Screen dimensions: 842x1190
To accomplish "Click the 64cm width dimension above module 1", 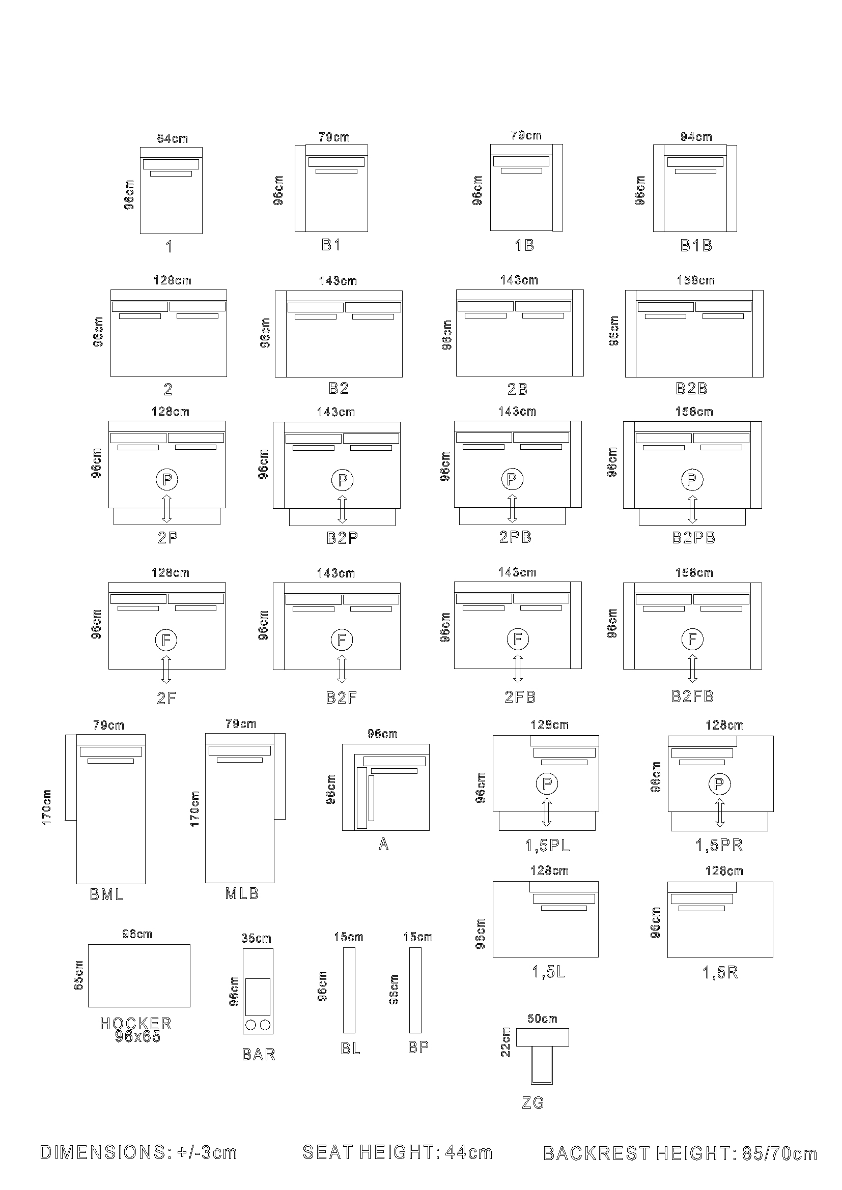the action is (172, 138).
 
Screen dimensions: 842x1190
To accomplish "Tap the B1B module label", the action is (696, 245).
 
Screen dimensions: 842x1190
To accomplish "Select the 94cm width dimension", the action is (696, 137).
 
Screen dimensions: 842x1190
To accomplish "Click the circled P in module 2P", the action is (167, 479).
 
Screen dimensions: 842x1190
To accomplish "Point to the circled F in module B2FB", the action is (692, 640).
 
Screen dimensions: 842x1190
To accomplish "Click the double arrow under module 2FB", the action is (517, 668).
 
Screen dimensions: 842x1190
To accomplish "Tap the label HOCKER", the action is (135, 1023).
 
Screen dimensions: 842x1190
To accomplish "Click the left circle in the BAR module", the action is (251, 1025).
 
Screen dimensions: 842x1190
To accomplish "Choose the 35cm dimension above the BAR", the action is (256, 938).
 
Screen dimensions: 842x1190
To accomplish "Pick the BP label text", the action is (418, 1047).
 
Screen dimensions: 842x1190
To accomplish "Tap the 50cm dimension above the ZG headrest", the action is (542, 1019).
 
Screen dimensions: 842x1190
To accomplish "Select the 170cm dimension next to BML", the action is (47, 807).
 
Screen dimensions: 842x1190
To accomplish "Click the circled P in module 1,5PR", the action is (719, 784).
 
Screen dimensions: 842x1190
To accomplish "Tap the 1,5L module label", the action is (549, 972).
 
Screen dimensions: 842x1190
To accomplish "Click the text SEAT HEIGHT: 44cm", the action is (397, 1152).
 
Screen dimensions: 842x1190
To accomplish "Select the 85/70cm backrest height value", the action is (779, 1153).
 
